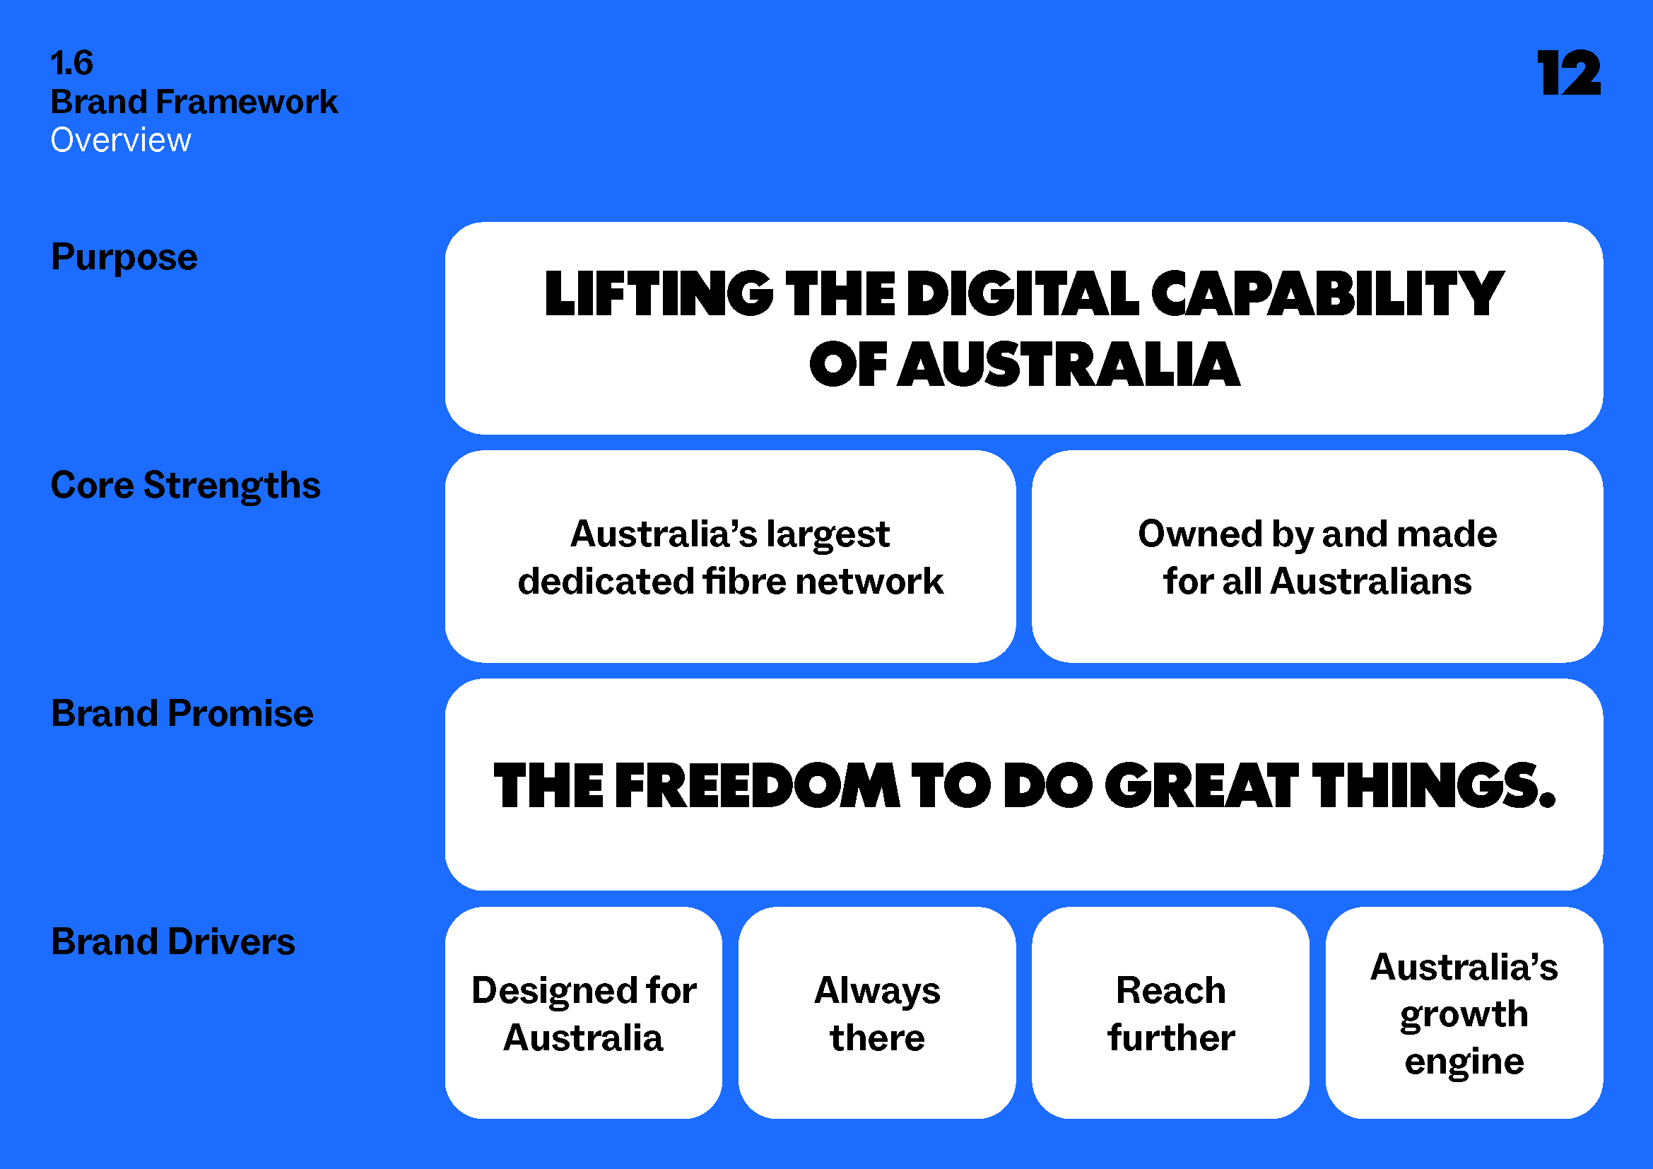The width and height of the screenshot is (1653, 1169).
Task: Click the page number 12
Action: [x=1569, y=74]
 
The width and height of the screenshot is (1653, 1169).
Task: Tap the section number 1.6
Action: [x=72, y=64]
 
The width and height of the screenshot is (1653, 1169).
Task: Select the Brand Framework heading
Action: [x=194, y=102]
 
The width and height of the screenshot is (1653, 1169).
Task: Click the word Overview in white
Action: [x=121, y=141]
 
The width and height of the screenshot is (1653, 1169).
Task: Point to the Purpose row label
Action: [x=124, y=258]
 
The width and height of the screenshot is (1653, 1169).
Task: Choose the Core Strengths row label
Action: [x=186, y=486]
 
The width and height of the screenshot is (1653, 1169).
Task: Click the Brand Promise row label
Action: [x=182, y=714]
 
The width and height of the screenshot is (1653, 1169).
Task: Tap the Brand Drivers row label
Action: [x=172, y=942]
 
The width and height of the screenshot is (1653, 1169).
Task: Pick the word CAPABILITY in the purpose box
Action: [x=1327, y=295]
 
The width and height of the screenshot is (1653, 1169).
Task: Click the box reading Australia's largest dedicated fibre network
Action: [x=730, y=557]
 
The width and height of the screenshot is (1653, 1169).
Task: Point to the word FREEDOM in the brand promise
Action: [x=757, y=786]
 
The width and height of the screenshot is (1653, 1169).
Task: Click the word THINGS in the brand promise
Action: [x=1433, y=786]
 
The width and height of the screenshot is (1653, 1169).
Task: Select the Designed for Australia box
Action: [x=583, y=1014]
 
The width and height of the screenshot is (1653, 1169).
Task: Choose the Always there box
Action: [x=877, y=1014]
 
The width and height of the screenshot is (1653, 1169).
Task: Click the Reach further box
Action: [x=1170, y=1014]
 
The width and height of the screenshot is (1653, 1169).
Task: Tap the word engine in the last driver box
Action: [x=1464, y=1062]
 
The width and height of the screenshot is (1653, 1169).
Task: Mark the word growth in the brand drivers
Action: [x=1464, y=1015]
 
